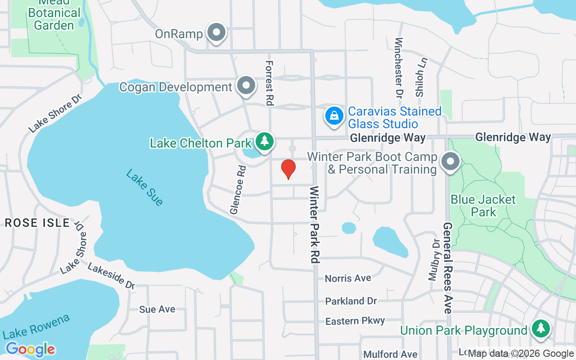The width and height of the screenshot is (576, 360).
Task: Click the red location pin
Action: (x=288, y=169)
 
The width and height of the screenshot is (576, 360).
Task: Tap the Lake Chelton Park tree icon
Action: (x=264, y=141)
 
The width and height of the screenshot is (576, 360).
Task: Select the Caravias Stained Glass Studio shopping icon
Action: (x=334, y=116)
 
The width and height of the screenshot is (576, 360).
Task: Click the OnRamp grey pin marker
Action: (x=217, y=33)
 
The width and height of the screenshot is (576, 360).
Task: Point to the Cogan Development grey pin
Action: (x=246, y=85)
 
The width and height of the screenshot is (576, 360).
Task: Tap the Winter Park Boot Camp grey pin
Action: (x=450, y=162)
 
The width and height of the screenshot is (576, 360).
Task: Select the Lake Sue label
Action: (x=144, y=187)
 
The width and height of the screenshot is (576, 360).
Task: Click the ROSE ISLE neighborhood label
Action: (x=37, y=223)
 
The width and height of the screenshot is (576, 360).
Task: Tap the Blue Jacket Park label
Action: (x=483, y=206)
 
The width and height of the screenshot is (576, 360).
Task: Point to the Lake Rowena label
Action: (x=36, y=327)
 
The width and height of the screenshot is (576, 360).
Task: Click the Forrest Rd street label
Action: (x=270, y=83)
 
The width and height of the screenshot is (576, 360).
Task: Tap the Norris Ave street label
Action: (x=348, y=278)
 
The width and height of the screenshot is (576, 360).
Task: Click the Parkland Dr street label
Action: (x=351, y=301)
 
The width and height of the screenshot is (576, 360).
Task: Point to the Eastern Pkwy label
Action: (x=355, y=321)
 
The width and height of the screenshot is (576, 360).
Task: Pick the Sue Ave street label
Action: (x=157, y=309)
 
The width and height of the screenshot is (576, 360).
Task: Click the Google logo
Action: (x=30, y=349)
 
